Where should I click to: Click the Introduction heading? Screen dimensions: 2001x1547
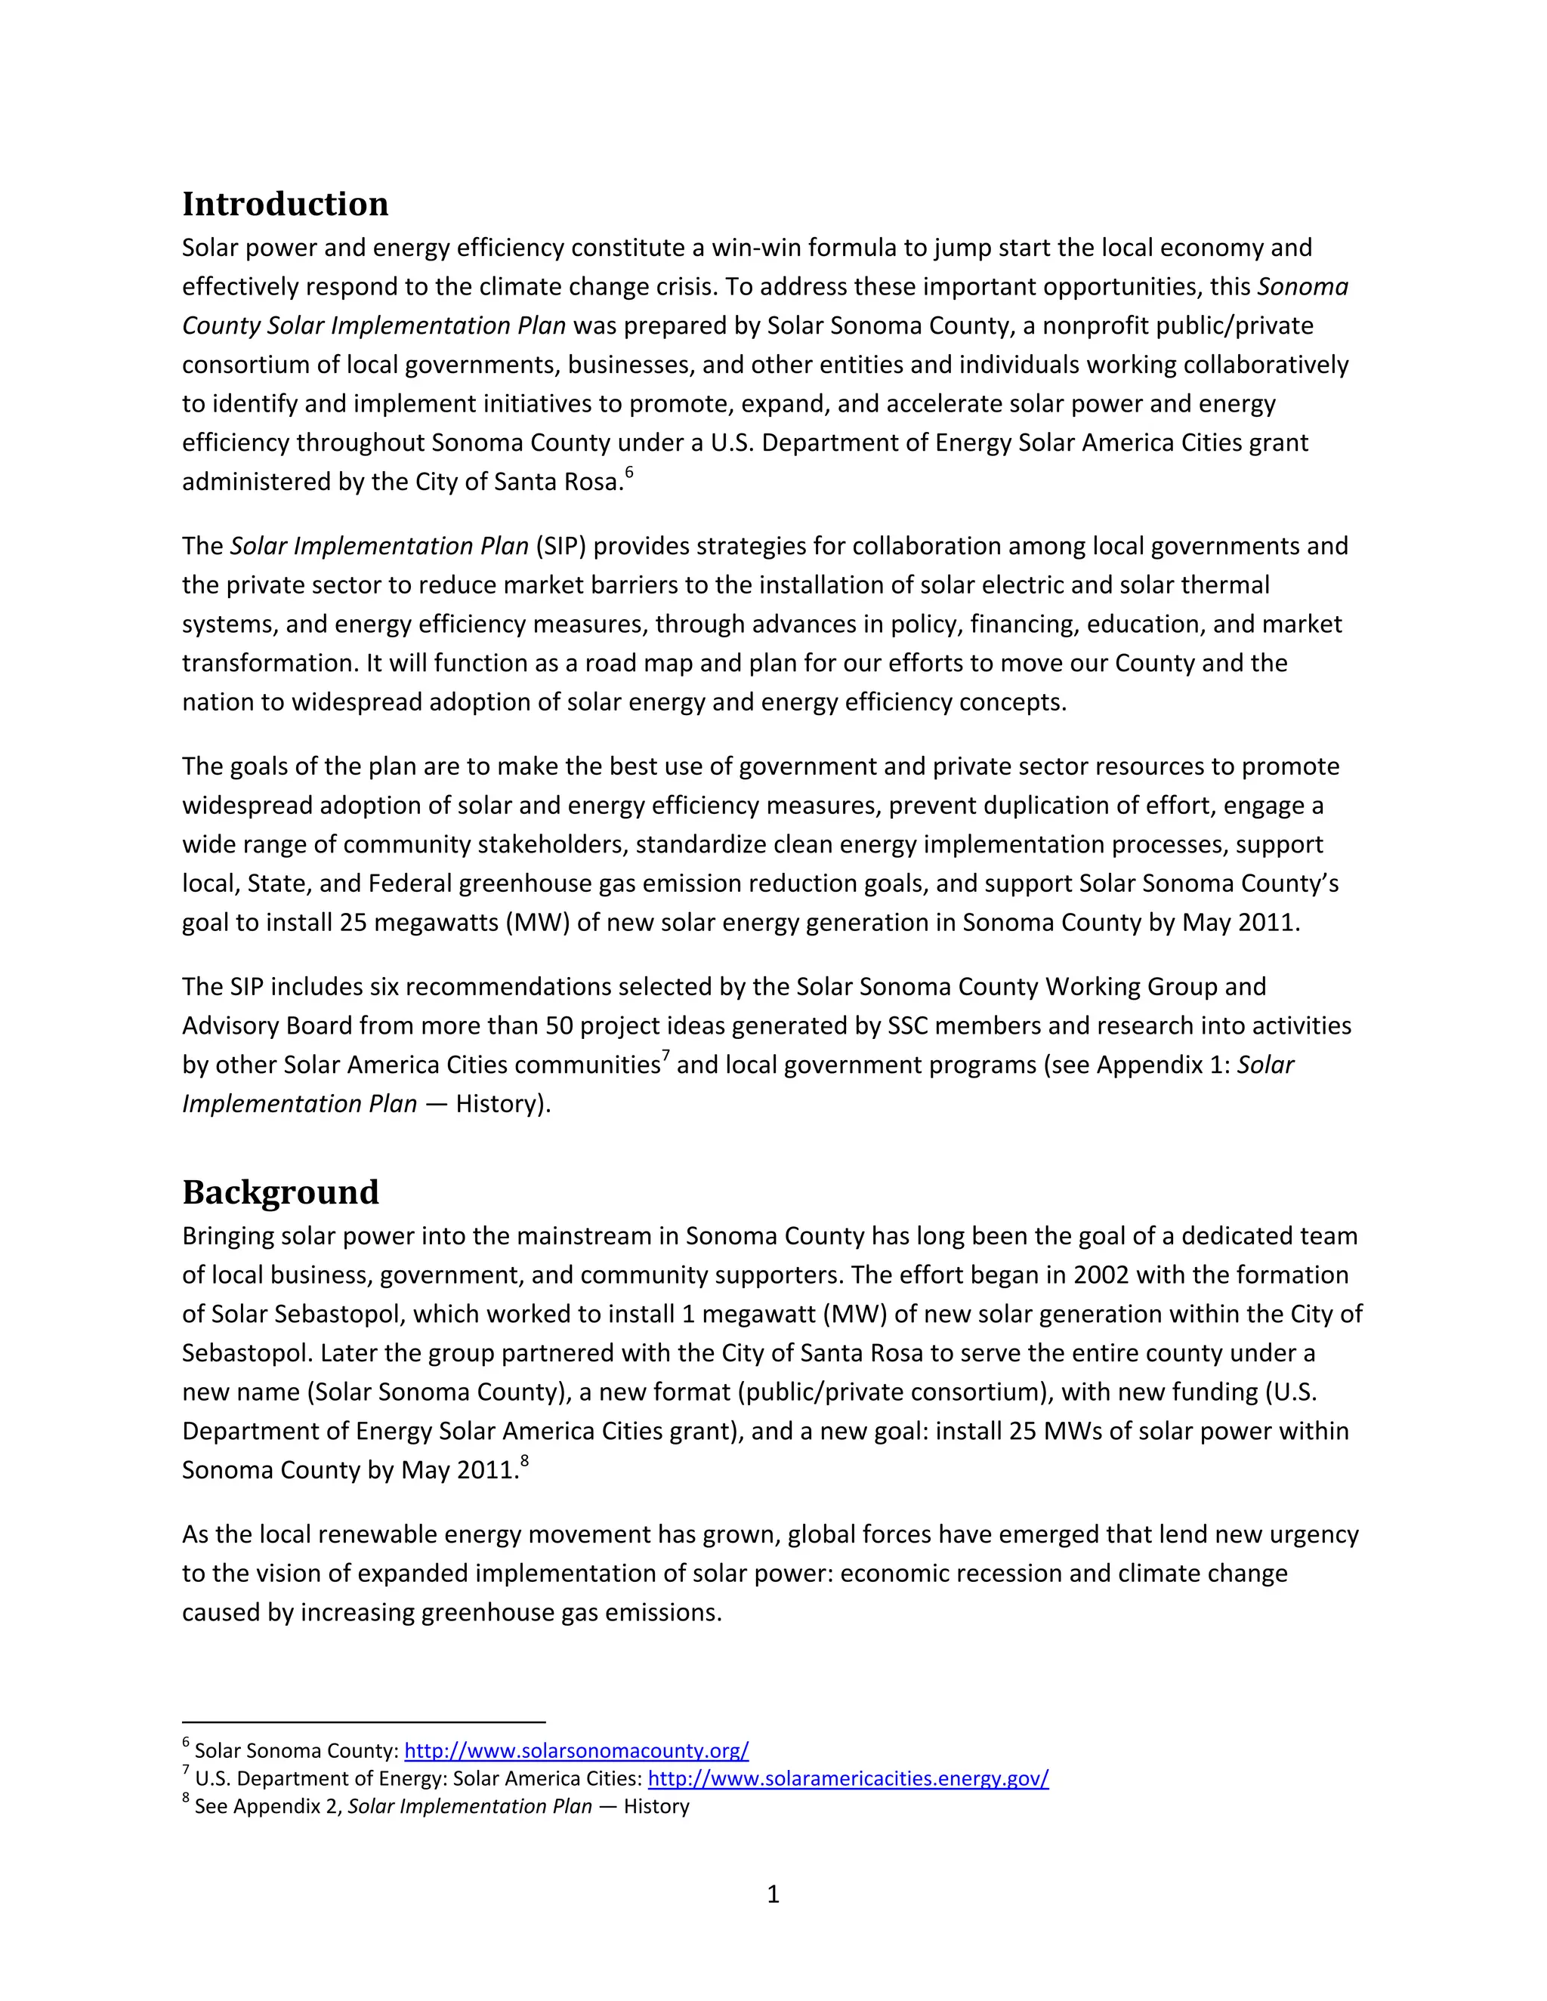(x=285, y=203)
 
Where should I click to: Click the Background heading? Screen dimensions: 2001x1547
(x=280, y=1192)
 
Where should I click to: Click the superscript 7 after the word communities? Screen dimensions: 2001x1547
(x=666, y=1056)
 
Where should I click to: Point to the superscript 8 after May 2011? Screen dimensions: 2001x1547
(x=524, y=1461)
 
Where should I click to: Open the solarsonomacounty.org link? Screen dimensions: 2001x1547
(x=576, y=1751)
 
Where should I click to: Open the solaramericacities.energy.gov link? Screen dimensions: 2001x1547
(x=848, y=1778)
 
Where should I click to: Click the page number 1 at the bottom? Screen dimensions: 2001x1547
(x=773, y=1894)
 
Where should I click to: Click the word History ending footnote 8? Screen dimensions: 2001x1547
(x=656, y=1807)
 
